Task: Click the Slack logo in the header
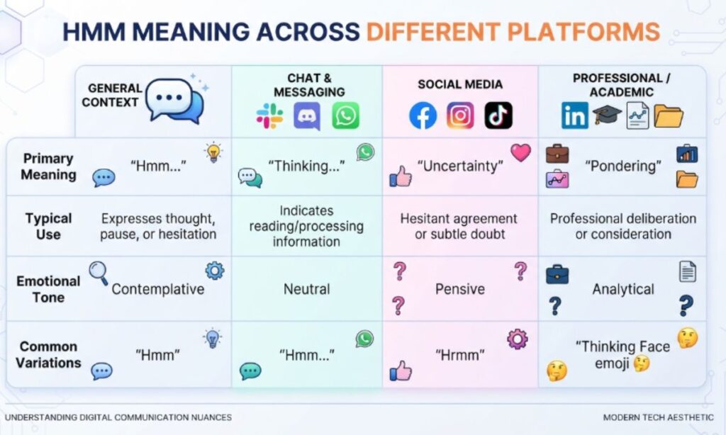tap(269, 115)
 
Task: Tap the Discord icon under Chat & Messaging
tap(307, 115)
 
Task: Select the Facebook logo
tap(423, 115)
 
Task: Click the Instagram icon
tap(460, 115)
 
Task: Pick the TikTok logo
tap(498, 115)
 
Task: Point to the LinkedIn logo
tap(574, 115)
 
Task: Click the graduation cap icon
tap(607, 114)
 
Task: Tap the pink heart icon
tap(521, 152)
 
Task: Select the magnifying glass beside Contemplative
tap(98, 273)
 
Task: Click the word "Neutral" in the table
tap(306, 289)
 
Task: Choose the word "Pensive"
tap(459, 289)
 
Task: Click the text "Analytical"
tap(623, 289)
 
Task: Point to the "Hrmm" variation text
tap(459, 355)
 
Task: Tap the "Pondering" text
tap(623, 166)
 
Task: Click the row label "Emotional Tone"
tap(48, 289)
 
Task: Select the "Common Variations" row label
tap(48, 354)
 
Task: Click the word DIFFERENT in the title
tap(433, 31)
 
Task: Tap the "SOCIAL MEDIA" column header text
tap(459, 84)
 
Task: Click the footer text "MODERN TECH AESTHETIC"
tap(658, 417)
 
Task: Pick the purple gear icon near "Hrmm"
tap(517, 339)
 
